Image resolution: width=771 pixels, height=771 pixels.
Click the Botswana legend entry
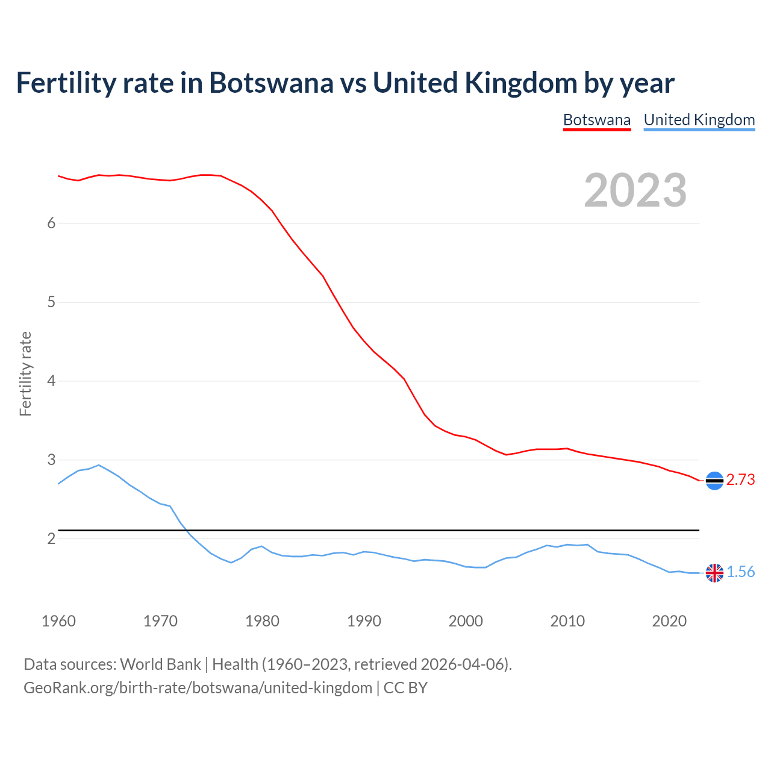[x=596, y=120]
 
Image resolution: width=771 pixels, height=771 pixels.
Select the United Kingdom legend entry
[x=699, y=120]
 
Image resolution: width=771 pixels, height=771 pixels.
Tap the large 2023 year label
[x=635, y=190]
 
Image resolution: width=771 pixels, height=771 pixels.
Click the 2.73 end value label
[x=740, y=480]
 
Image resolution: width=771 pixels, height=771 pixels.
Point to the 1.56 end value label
[x=740, y=572]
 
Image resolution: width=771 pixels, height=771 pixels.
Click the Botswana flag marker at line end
[x=714, y=481]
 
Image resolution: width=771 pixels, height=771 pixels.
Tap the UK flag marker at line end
[x=714, y=573]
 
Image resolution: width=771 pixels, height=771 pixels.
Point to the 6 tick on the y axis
[x=51, y=223]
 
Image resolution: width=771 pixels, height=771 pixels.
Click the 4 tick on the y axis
[x=51, y=381]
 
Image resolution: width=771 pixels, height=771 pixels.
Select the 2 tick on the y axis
[x=51, y=538]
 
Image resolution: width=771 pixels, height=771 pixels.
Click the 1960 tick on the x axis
[x=58, y=621]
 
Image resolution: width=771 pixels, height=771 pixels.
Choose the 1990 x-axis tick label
[x=364, y=621]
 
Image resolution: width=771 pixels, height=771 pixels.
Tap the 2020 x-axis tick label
[x=669, y=621]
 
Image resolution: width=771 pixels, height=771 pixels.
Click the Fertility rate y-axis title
[x=25, y=373]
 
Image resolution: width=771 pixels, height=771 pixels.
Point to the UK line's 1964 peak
[x=99, y=465]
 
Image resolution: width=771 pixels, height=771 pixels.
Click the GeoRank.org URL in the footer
[x=198, y=688]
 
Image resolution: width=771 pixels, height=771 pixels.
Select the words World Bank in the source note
[x=160, y=664]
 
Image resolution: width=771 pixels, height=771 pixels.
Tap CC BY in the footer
[x=405, y=688]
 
